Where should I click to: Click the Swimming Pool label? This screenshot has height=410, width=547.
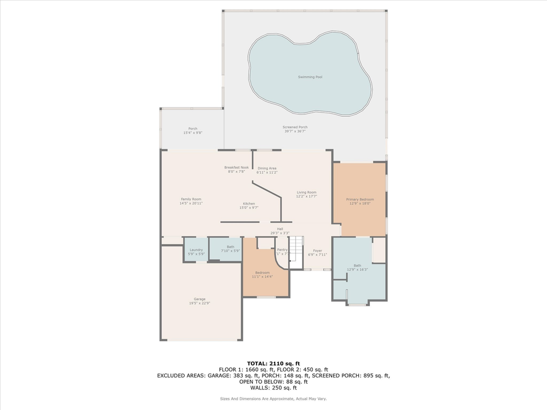click(310, 76)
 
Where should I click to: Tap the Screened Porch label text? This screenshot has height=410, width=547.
click(295, 129)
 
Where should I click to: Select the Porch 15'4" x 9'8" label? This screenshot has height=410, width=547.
click(193, 130)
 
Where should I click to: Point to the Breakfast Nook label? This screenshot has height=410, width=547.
click(236, 169)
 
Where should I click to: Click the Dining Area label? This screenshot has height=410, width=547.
click(267, 170)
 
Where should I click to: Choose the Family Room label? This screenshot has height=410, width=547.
click(191, 201)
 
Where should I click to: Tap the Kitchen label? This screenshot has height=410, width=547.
click(249, 206)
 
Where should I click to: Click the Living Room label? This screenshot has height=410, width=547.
click(306, 194)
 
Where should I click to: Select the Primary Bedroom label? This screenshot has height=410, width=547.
click(360, 201)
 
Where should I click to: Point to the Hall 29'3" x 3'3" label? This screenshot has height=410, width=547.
click(280, 231)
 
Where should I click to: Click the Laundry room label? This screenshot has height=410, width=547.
click(196, 251)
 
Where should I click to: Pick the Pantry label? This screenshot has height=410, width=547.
click(282, 251)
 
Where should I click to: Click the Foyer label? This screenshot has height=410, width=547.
click(317, 252)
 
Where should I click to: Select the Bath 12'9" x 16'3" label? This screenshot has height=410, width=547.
click(357, 267)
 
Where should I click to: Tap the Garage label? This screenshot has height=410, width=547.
click(199, 301)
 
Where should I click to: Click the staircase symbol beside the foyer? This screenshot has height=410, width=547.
click(297, 250)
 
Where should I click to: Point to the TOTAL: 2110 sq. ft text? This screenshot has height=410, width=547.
click(273, 363)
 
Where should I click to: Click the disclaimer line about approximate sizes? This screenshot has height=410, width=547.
click(273, 398)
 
